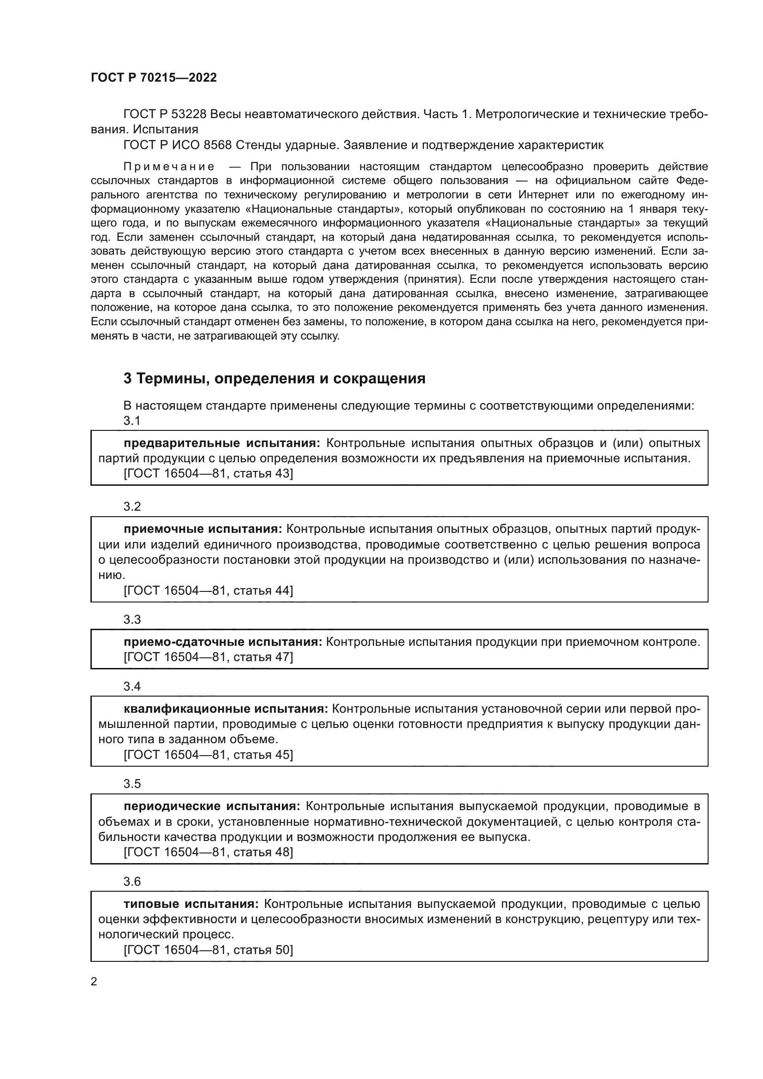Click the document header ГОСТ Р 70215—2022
tap(154, 78)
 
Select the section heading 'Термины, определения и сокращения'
tap(274, 378)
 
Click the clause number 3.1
tap(132, 421)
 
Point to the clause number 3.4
tap(132, 686)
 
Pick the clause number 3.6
tap(132, 882)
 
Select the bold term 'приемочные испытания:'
tap(203, 529)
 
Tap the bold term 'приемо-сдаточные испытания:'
tap(223, 642)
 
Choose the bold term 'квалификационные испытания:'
tap(226, 709)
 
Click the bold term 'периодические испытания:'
tap(212, 806)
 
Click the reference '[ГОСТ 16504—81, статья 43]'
tap(208, 473)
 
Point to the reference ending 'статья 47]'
tap(208, 657)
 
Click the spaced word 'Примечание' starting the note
tap(169, 167)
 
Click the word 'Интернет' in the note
tap(541, 195)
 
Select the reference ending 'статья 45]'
tap(208, 755)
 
